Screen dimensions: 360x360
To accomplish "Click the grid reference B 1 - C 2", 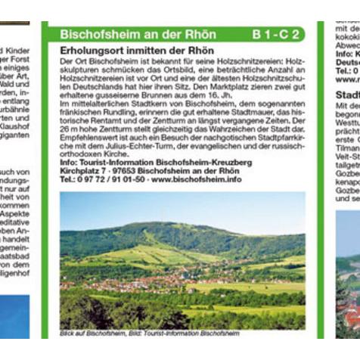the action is coord(277,34).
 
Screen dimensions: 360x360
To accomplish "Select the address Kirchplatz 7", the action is coord(83,171).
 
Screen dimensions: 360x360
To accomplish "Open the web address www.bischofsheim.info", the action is coord(199,179).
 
